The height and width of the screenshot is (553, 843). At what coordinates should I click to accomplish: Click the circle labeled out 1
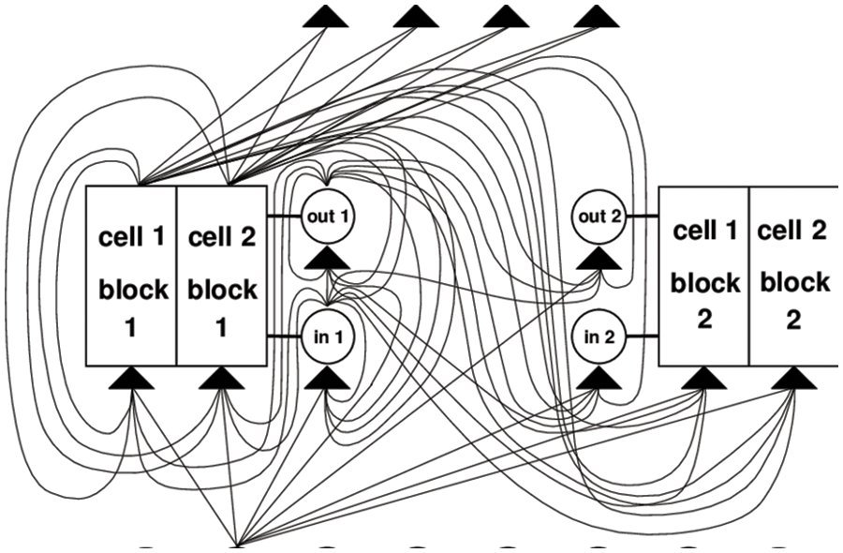point(328,216)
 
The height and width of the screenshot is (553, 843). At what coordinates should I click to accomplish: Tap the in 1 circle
point(328,336)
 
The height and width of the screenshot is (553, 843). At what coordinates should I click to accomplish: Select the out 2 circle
point(599,216)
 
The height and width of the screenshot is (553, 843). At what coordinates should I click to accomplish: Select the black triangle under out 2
point(599,258)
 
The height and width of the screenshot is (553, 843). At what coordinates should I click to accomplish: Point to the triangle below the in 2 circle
point(599,378)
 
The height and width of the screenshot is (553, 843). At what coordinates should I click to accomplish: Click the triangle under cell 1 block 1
point(132,378)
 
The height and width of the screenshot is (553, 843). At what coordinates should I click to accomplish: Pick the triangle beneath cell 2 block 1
point(222,378)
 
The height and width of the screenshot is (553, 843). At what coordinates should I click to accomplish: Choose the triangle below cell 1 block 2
point(704,378)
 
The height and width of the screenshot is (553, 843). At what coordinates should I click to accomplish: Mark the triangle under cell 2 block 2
point(793,378)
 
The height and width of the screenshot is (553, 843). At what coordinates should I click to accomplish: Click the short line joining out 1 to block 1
point(284,216)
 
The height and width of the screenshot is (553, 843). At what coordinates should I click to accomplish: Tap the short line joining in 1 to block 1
point(284,336)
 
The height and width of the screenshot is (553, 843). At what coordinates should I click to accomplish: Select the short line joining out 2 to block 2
point(642,216)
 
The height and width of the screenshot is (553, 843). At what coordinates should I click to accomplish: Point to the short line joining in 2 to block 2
point(642,336)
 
